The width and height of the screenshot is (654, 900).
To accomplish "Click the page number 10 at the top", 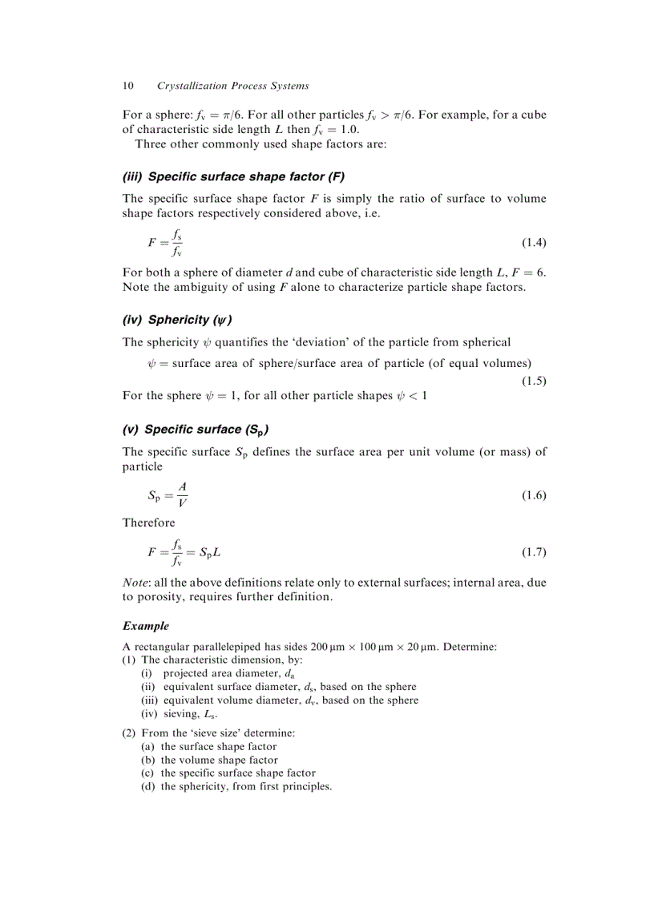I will coord(127,86).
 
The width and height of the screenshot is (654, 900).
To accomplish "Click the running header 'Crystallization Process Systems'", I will coord(232,86).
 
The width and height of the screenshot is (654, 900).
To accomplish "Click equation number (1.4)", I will coord(534,242).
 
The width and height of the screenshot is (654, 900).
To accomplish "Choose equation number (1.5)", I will coord(534,381).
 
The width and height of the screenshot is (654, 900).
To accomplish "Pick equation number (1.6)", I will coord(534,495).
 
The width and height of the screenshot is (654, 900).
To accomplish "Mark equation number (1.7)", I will coord(534,552).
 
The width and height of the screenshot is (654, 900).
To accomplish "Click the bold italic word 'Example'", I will coord(145,625).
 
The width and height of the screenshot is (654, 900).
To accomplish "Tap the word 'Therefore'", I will coord(148,523).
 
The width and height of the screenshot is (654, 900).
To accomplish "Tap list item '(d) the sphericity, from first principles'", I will coord(236,786).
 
